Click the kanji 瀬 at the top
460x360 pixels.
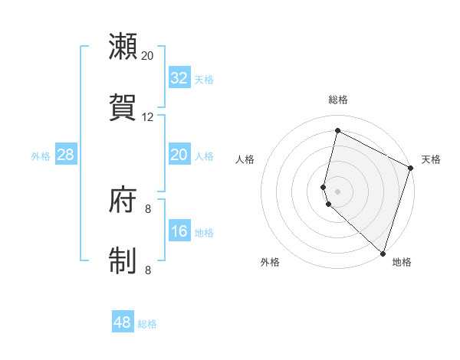click(123, 47)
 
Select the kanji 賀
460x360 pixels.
click(123, 106)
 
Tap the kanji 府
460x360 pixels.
click(123, 201)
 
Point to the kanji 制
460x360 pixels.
click(123, 260)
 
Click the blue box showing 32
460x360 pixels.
click(179, 77)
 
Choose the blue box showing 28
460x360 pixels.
click(65, 155)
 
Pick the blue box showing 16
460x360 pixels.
click(179, 231)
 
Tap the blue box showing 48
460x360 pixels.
click(123, 322)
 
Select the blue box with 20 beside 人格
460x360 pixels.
click(179, 155)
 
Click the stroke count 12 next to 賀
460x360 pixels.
click(148, 117)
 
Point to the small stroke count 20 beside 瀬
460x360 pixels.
click(148, 56)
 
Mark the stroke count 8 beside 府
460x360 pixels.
click(148, 208)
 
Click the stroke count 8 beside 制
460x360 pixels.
click(148, 270)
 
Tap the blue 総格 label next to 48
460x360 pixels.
click(147, 324)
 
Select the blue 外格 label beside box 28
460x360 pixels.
click(41, 155)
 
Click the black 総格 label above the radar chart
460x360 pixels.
click(338, 100)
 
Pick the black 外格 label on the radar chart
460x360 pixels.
click(270, 262)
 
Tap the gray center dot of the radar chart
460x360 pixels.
click(338, 191)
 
